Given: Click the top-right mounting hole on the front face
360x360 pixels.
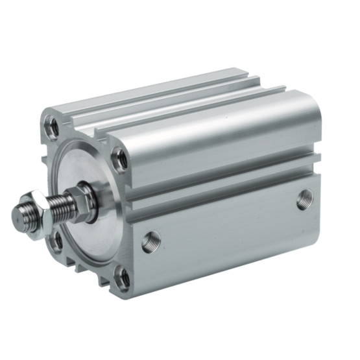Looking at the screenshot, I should point(120,158).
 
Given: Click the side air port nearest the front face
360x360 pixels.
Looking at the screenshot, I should point(150,241).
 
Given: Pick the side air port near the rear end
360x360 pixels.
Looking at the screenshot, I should point(304,199).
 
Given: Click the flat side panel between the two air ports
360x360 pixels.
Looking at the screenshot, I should point(227,224).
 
